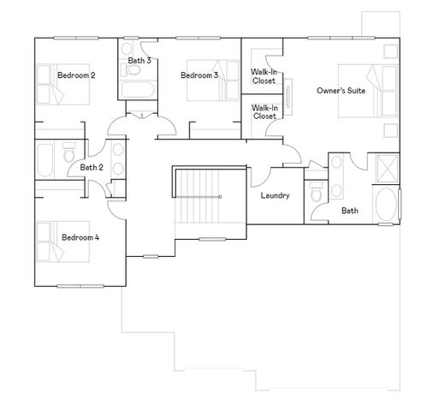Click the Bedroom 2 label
tap(76, 75)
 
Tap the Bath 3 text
tap(139, 61)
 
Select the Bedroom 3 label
tap(199, 75)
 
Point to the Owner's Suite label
tap(341, 90)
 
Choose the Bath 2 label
tap(92, 167)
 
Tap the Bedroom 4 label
tap(79, 237)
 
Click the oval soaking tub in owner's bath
tap(391, 208)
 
